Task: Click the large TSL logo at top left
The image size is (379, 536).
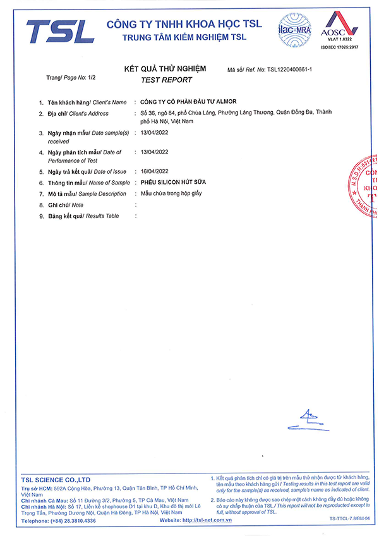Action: click(60, 31)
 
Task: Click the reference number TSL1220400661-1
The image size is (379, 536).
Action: click(294, 70)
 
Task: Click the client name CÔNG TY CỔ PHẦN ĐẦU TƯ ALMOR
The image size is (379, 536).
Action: click(188, 102)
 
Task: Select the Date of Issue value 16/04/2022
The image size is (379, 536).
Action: click(154, 171)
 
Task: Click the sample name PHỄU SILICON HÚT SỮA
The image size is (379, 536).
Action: click(173, 182)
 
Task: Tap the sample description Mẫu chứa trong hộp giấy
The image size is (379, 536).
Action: click(172, 193)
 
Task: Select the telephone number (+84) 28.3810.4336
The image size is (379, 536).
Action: click(70, 520)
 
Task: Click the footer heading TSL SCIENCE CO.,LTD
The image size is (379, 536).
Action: click(56, 480)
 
